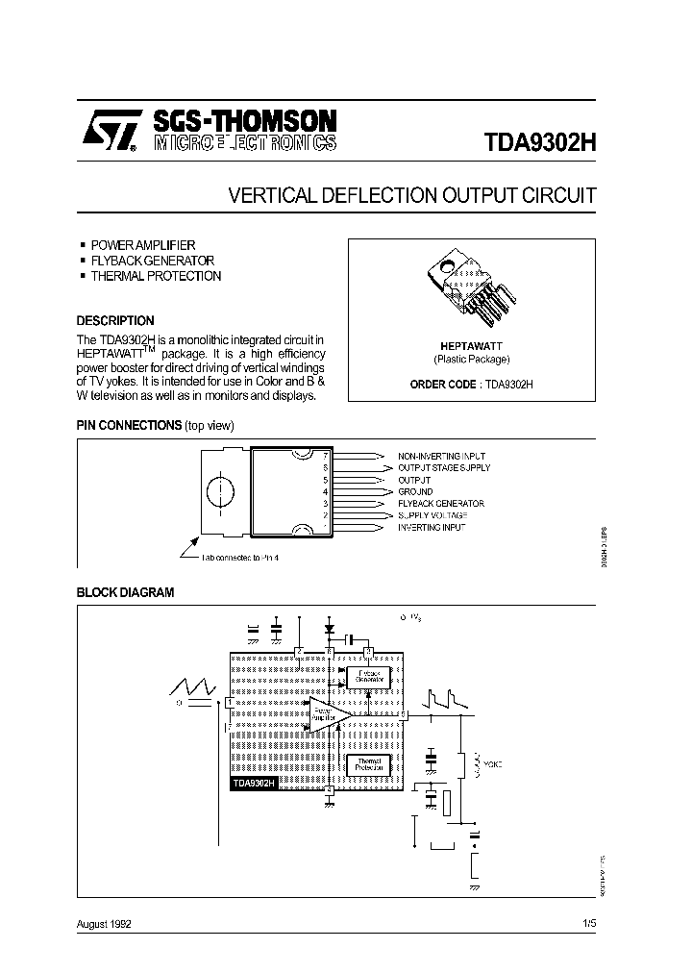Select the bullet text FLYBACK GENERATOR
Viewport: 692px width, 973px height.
coord(152,261)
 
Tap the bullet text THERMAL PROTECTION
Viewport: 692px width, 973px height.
coord(155,276)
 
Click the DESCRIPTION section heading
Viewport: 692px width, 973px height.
coord(115,320)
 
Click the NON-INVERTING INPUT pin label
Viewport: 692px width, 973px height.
coord(441,455)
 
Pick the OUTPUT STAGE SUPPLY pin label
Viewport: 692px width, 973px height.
coord(444,467)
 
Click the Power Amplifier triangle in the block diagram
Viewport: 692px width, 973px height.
coord(325,714)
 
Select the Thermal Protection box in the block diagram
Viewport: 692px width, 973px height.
coord(367,764)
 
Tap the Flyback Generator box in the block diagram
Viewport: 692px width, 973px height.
coord(368,676)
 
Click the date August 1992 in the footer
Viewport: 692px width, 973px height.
coord(104,924)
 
